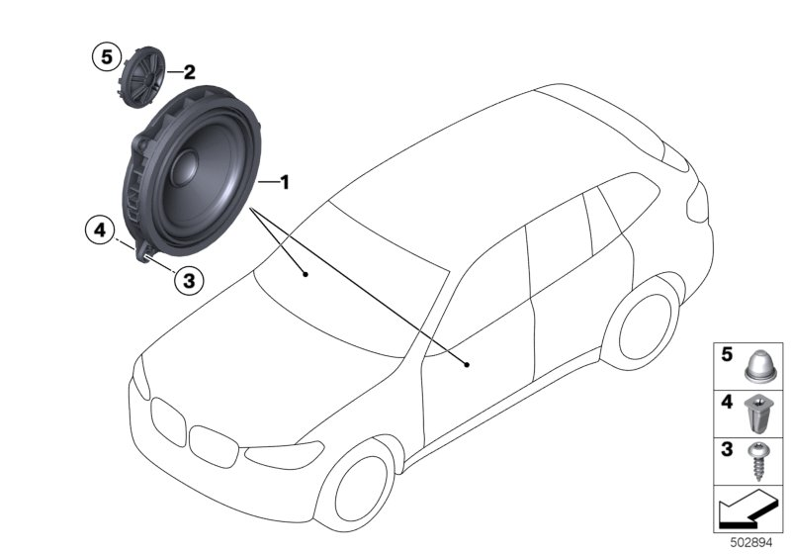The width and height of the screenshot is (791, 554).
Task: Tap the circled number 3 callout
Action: [x=188, y=280]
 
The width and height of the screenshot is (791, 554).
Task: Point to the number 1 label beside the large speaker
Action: [x=285, y=182]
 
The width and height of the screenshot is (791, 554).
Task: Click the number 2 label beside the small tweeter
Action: [x=188, y=71]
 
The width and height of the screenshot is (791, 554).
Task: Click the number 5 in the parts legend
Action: [x=727, y=353]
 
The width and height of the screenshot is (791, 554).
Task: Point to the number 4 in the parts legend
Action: [x=727, y=403]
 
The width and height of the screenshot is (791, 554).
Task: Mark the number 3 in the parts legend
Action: [x=727, y=451]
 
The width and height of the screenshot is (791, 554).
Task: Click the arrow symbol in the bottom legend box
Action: [x=747, y=513]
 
